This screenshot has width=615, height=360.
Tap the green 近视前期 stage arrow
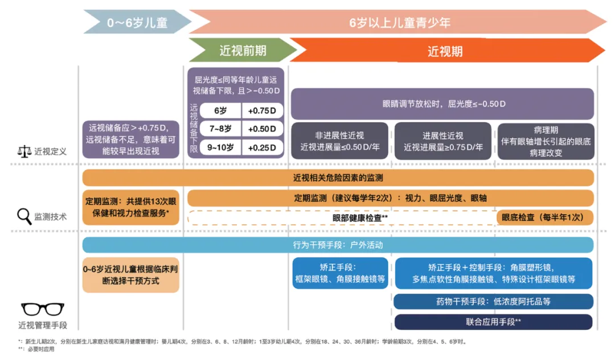pyautogui.click(x=243, y=50)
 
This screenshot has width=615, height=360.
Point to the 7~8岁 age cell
pyautogui.click(x=220, y=129)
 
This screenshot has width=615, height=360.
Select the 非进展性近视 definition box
pyautogui.click(x=339, y=141)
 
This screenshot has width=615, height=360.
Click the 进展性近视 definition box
pyautogui.click(x=443, y=141)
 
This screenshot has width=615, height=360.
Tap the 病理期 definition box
pyautogui.click(x=546, y=141)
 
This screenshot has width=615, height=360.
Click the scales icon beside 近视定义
pyautogui.click(x=24, y=152)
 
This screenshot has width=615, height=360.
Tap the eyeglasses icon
pyautogui.click(x=43, y=309)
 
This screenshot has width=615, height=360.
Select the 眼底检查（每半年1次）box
pyautogui.click(x=545, y=218)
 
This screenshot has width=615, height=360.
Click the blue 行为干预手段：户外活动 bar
pyautogui.click(x=338, y=245)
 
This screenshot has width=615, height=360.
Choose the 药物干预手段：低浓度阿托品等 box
pyautogui.click(x=493, y=301)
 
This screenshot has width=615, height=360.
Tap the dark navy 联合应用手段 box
pyautogui.click(x=493, y=322)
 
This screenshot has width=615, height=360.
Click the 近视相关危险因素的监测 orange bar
pyautogui.click(x=338, y=178)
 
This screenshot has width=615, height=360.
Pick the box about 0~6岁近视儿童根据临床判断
pyautogui.click(x=131, y=275)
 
